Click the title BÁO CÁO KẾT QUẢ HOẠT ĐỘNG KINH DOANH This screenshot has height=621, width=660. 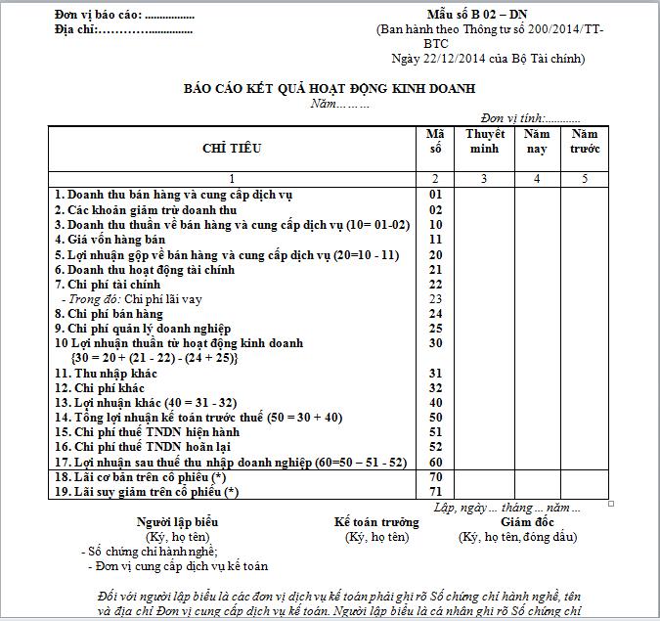pos(330,88)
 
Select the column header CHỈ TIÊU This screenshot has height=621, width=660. pos(232,149)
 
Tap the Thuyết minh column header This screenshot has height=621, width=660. pos(485,141)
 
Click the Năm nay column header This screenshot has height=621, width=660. pos(537,141)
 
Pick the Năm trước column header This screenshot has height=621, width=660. pos(585,141)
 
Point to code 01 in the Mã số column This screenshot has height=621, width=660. pos(436,195)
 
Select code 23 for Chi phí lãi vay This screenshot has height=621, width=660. pos(436,298)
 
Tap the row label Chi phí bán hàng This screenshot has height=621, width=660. pos(109,313)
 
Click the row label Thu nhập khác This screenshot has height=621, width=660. pos(107,373)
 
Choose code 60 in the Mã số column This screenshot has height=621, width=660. pos(436,462)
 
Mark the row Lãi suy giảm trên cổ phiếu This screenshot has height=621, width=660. pos(146,491)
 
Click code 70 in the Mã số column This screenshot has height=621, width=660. pos(436,476)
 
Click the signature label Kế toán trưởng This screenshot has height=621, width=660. pos(376,522)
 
